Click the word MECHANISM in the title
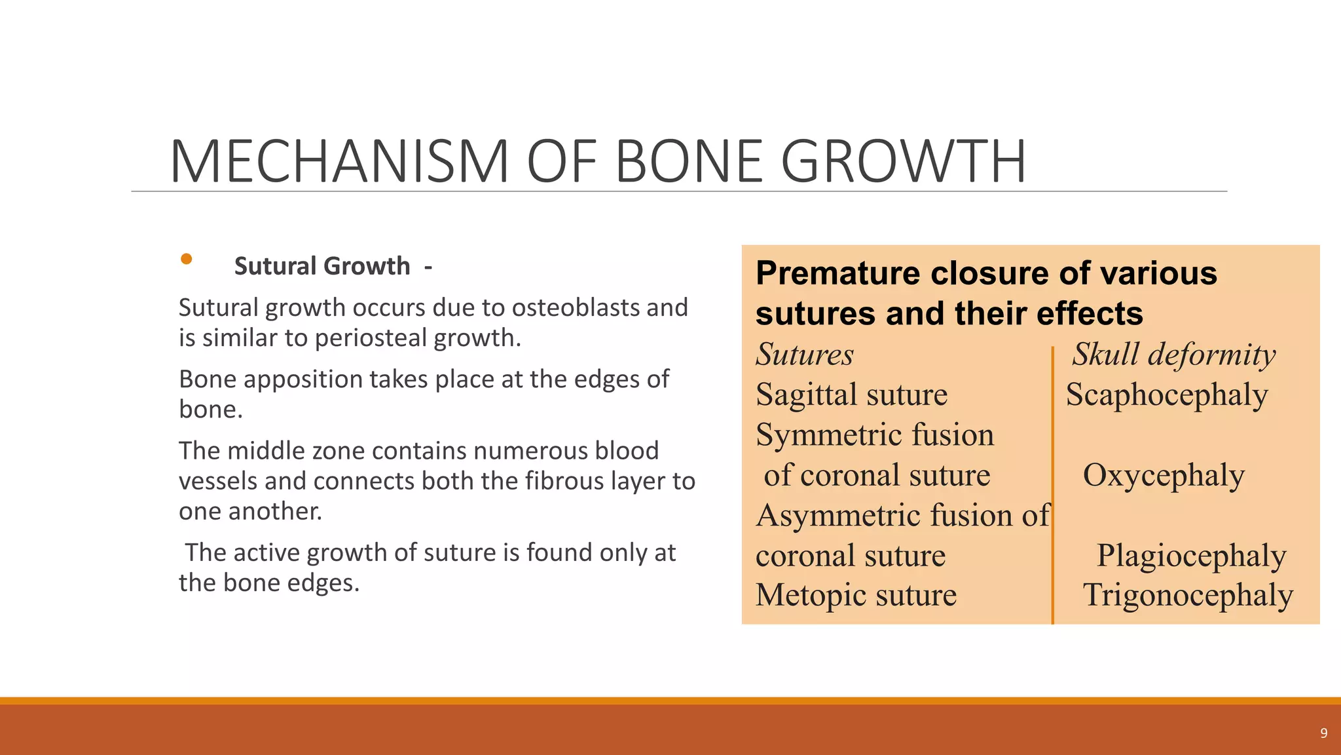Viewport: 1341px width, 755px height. click(339, 162)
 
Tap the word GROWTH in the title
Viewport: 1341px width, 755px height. click(904, 162)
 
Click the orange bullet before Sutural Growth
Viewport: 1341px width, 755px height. click(187, 259)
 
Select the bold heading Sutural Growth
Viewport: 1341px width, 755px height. click(321, 266)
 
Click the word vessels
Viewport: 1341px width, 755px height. click(218, 481)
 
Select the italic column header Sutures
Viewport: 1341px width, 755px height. click(805, 355)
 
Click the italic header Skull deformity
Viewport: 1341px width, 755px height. click(1174, 355)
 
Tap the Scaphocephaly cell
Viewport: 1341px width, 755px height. click(1167, 395)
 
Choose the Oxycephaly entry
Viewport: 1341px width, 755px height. click(1164, 475)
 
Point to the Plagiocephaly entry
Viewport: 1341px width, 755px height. click(1191, 556)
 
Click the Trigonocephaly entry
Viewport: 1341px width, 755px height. click(1188, 596)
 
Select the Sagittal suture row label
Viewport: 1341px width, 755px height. click(851, 395)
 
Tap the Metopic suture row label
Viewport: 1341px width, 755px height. click(856, 596)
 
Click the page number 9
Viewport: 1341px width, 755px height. click(1323, 733)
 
